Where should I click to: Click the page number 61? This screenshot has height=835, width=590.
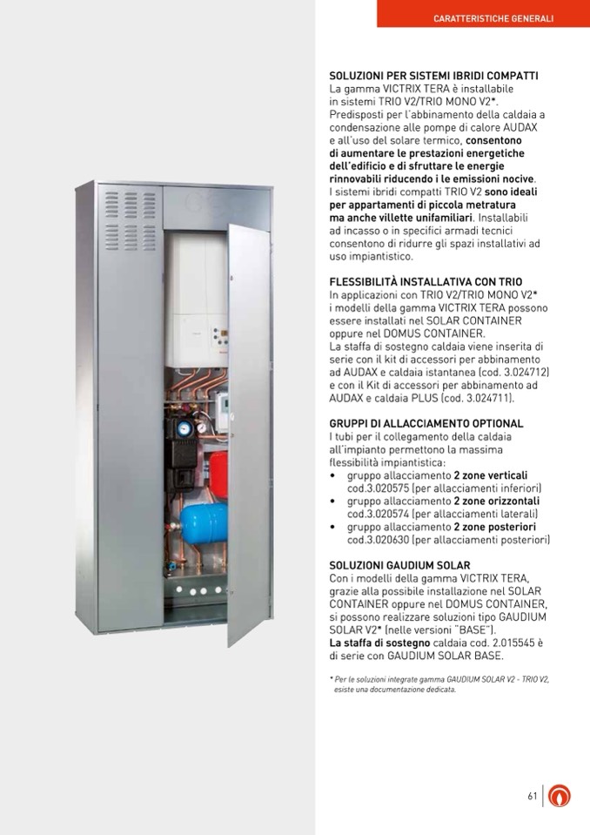tap(532, 796)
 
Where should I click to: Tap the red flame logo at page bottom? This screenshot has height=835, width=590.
tap(562, 796)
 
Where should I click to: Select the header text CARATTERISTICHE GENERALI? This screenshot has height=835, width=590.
tap(493, 18)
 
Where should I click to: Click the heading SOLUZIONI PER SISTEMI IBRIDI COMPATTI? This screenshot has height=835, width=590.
tap(433, 77)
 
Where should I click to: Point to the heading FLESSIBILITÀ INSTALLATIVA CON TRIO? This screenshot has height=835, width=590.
tap(426, 282)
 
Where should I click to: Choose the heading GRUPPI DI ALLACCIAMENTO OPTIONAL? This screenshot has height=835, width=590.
tap(426, 424)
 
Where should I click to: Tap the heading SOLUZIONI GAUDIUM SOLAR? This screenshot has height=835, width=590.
tap(399, 565)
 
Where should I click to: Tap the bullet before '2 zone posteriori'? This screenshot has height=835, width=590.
tap(333, 528)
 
